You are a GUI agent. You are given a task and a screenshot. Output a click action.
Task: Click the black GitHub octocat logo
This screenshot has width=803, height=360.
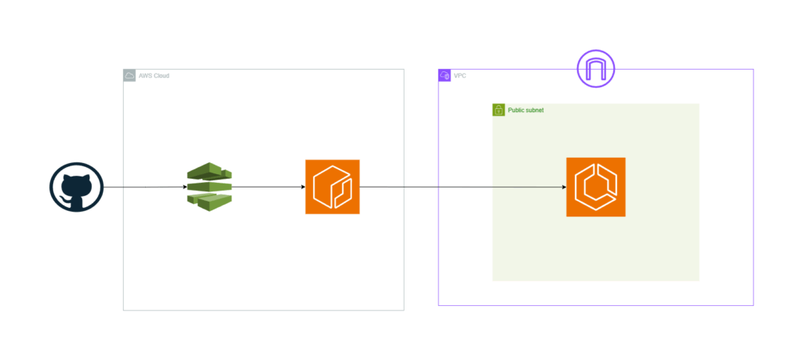click(x=76, y=188)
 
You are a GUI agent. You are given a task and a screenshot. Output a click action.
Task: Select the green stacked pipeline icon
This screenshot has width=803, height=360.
click(x=210, y=187)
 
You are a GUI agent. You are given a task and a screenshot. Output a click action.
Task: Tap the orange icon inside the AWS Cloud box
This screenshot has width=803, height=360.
click(x=332, y=187)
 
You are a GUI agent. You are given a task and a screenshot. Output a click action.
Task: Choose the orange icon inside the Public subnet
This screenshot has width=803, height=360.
click(x=596, y=187)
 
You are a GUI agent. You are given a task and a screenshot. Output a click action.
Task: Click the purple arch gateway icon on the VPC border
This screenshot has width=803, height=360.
click(x=596, y=69)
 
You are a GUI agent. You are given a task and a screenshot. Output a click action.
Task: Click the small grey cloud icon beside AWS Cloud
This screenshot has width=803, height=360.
click(x=129, y=76)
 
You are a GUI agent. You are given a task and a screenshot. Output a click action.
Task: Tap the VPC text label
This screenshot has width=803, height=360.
click(x=460, y=76)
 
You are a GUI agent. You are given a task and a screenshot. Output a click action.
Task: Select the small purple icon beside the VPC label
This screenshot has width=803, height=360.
click(x=444, y=76)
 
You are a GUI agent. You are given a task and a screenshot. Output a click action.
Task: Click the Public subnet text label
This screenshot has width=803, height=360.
click(x=525, y=111)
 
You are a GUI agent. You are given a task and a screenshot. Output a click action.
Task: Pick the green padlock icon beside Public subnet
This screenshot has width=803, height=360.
click(x=498, y=111)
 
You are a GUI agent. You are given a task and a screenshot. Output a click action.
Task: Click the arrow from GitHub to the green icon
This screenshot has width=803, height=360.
click(x=144, y=188)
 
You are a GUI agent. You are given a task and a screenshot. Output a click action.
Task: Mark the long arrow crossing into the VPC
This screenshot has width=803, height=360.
click(x=463, y=187)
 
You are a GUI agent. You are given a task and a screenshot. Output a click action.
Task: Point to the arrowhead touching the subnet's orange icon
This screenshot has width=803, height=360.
click(x=563, y=187)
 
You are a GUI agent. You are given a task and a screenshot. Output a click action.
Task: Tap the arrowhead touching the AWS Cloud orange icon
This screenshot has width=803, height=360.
click(x=302, y=187)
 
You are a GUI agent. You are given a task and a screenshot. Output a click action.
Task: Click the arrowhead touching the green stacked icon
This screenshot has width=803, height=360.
click(x=185, y=187)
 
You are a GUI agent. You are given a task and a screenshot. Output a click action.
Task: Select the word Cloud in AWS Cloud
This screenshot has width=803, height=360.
click(x=161, y=76)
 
